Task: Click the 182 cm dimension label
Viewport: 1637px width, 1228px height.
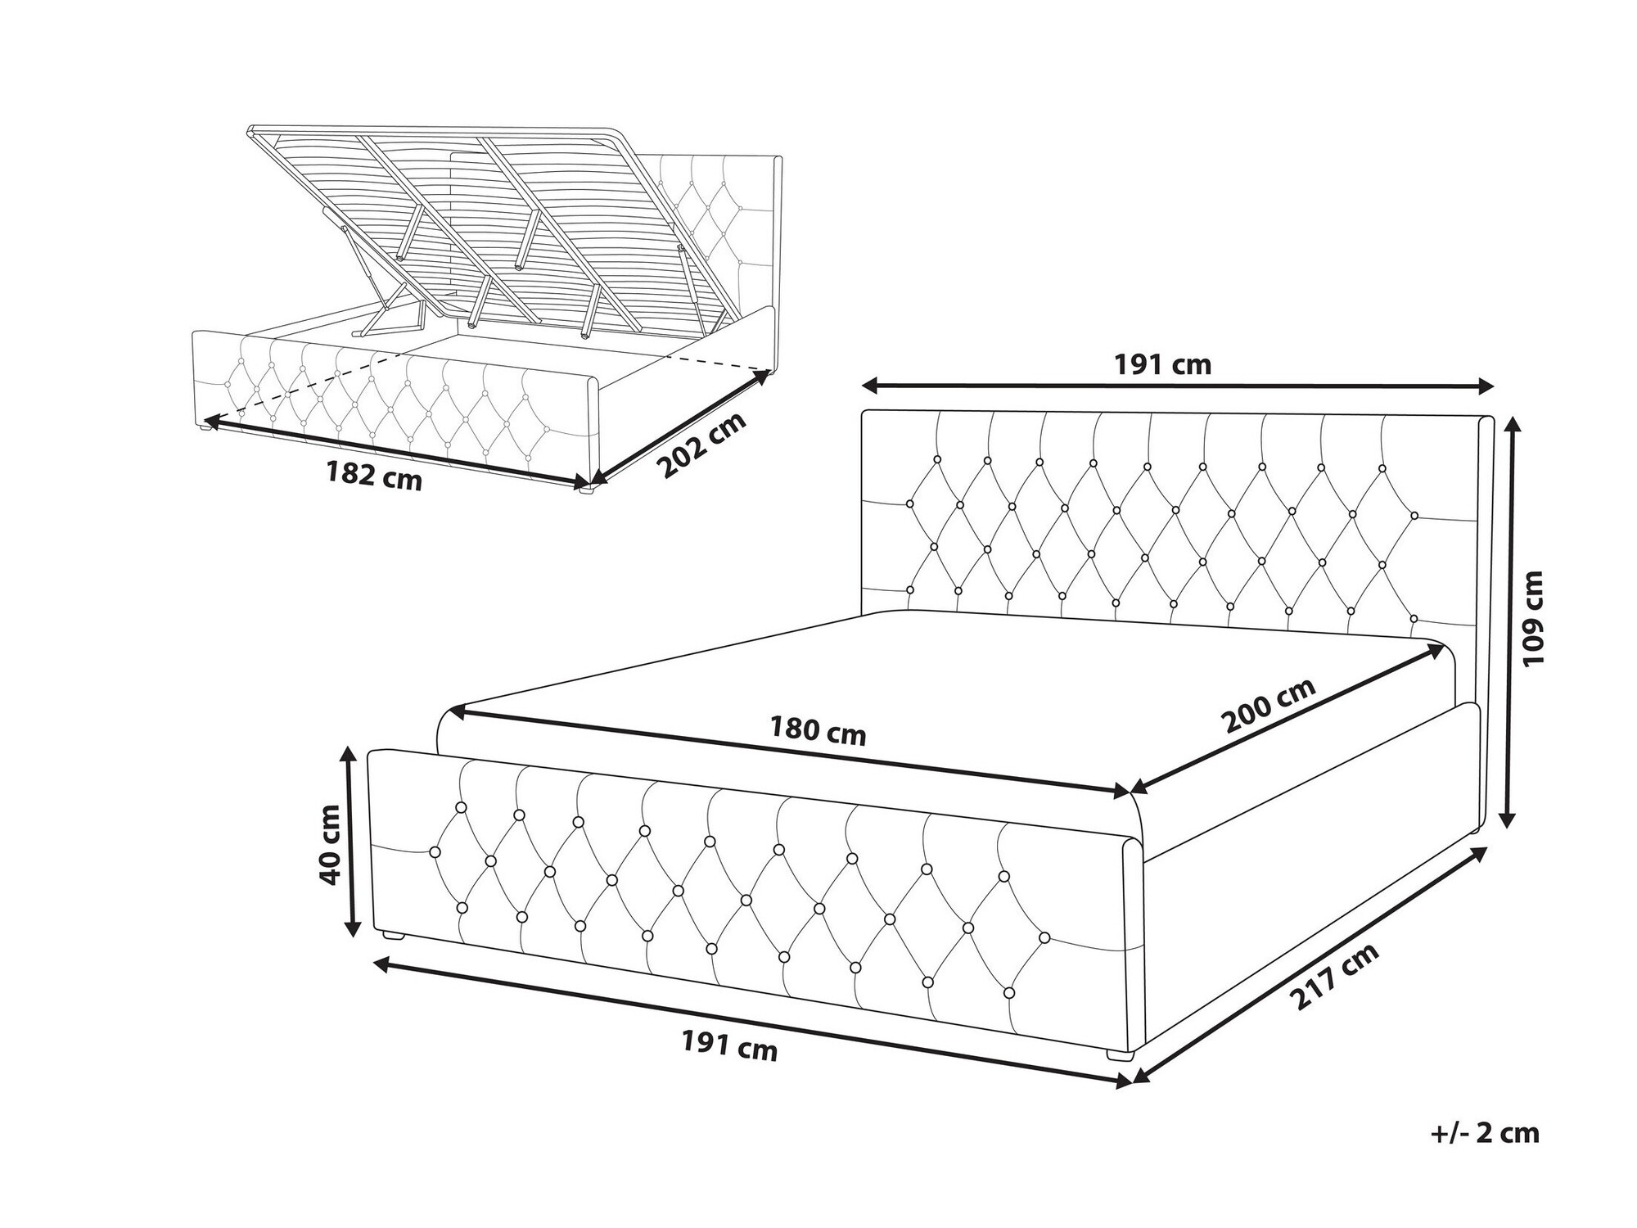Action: (374, 476)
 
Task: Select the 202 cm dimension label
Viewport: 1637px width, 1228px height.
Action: (702, 445)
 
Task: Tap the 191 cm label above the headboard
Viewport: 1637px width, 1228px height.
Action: (1162, 364)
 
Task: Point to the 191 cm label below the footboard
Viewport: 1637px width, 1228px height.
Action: (729, 1046)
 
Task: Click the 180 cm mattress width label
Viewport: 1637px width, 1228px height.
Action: (818, 731)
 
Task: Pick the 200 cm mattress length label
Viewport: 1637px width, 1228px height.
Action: (1268, 705)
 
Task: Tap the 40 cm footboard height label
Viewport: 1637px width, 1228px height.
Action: (330, 844)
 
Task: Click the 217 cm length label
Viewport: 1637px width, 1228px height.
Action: (1333, 976)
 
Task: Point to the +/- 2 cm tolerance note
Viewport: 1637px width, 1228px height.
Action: (1485, 1133)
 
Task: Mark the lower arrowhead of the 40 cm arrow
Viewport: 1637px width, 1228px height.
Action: (353, 925)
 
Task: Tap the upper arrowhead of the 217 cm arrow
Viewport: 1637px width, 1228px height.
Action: (1477, 853)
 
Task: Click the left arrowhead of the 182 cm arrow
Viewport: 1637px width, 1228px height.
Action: (213, 422)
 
